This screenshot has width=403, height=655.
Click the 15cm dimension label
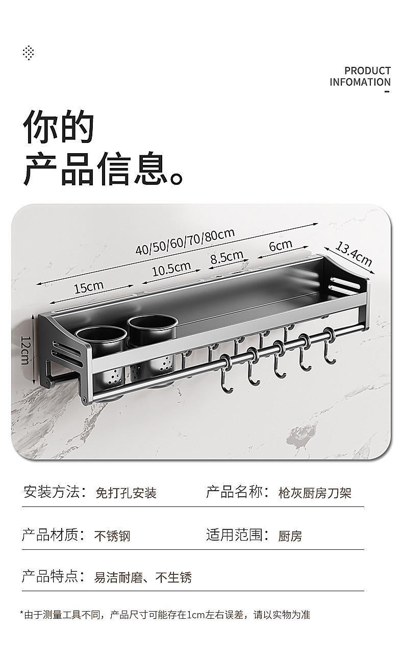(x=89, y=287)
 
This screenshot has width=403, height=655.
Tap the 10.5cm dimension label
(x=171, y=268)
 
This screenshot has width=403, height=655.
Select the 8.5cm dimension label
(x=226, y=257)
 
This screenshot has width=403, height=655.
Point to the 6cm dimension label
(x=280, y=246)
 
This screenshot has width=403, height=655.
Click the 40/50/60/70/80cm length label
(x=185, y=241)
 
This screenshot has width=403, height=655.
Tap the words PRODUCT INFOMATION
(x=360, y=77)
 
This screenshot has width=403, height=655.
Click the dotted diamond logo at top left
(x=29, y=53)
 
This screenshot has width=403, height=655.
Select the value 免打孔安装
(x=126, y=493)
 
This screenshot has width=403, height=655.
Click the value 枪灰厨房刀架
(x=315, y=493)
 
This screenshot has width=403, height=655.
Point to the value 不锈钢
(x=112, y=536)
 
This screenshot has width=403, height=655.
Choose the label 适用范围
(x=237, y=535)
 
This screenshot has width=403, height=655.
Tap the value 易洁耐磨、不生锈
(x=143, y=577)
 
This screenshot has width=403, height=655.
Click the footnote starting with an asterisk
(x=165, y=615)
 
